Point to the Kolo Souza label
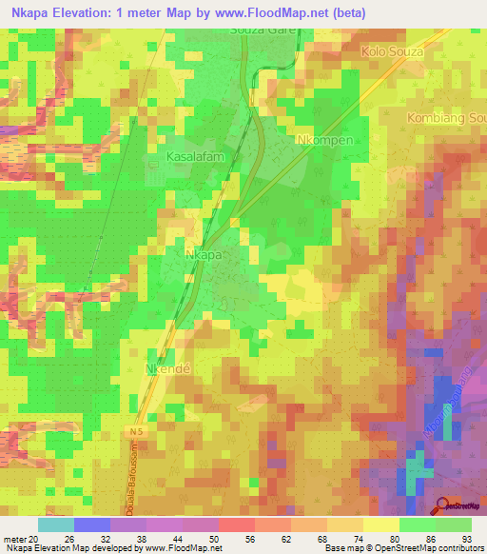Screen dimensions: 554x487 pos(396,48)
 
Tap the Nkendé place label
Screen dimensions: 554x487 pos(170,366)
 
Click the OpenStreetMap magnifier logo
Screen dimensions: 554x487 pos(443,505)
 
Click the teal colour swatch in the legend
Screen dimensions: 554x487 pos(56,524)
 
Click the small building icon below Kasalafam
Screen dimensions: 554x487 pos(154,166)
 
